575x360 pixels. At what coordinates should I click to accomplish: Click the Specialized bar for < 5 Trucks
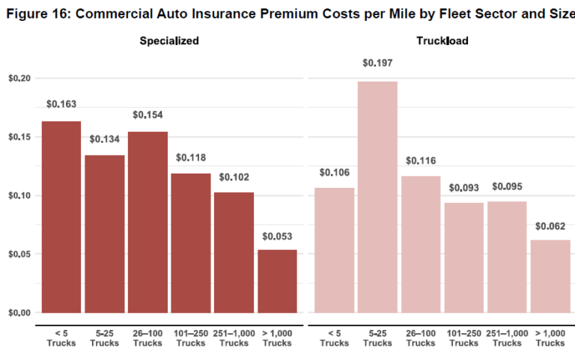click(x=61, y=217)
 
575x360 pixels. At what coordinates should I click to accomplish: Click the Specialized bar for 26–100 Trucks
click(x=147, y=222)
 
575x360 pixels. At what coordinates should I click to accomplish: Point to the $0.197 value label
click(x=377, y=63)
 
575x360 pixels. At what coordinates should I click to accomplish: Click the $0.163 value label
click(x=61, y=104)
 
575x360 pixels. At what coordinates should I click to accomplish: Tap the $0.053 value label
click(x=277, y=237)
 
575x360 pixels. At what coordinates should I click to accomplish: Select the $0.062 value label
click(x=550, y=226)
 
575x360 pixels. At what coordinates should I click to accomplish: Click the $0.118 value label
click(x=191, y=158)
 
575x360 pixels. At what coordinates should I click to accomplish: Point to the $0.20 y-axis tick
click(x=19, y=79)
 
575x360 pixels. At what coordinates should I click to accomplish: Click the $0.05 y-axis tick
click(x=19, y=254)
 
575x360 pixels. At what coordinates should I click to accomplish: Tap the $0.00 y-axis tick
click(x=19, y=313)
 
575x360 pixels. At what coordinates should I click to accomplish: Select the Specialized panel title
click(x=169, y=41)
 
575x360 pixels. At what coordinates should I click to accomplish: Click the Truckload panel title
click(x=442, y=41)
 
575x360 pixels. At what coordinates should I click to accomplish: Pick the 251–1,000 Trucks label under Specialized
click(x=234, y=338)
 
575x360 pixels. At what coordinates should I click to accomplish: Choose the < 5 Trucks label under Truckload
click(x=334, y=338)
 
